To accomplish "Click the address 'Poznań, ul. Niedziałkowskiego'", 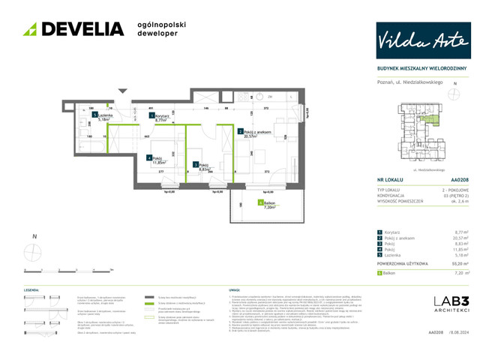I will coord(410,81).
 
